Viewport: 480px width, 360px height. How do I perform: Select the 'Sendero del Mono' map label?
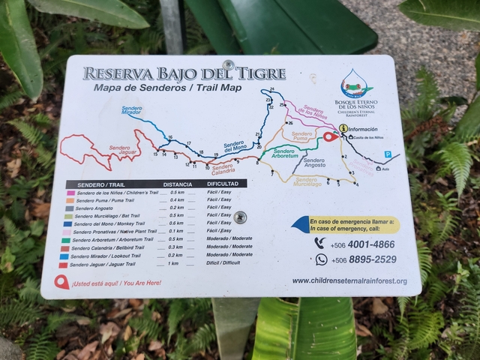(x=234, y=145)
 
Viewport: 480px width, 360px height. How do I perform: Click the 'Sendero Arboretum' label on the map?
(x=285, y=154)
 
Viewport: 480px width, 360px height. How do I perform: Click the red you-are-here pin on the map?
(x=329, y=136)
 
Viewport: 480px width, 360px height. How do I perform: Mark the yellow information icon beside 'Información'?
(x=343, y=128)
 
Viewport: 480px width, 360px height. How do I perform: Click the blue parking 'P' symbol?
(x=388, y=154)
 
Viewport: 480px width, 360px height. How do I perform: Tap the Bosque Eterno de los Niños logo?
(x=357, y=84)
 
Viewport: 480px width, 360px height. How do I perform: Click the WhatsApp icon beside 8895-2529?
(x=321, y=259)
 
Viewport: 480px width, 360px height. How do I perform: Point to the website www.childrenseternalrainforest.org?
(x=349, y=281)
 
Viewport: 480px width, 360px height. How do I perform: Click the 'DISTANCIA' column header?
(x=177, y=184)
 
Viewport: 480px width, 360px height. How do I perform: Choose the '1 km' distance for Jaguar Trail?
(x=173, y=264)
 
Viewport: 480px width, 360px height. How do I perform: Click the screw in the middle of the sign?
(x=239, y=217)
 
